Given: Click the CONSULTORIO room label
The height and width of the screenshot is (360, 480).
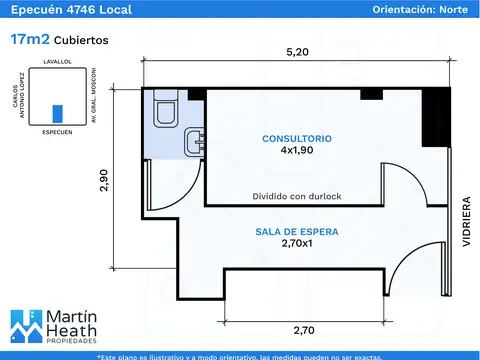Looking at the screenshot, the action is [x=297, y=139].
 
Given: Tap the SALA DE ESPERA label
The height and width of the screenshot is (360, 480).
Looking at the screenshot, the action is [x=297, y=232].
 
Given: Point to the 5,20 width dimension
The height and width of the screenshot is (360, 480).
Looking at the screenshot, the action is [x=297, y=52].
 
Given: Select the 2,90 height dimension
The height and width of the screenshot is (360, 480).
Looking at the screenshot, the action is [x=104, y=180].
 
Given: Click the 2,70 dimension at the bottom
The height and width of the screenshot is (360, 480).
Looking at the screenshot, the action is [x=304, y=330].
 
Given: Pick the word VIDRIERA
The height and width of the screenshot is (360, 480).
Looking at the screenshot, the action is [x=466, y=221].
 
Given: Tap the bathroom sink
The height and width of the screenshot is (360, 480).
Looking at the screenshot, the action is [x=194, y=141].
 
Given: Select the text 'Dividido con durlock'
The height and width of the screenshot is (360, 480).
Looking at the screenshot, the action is [x=297, y=196].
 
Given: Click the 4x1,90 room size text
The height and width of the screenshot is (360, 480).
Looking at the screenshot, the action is [x=297, y=150].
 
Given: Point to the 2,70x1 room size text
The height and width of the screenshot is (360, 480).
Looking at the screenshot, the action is [x=297, y=243].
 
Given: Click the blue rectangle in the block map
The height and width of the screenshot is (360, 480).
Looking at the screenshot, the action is [x=58, y=114].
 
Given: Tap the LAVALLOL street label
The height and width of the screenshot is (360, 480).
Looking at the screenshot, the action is [x=57, y=62].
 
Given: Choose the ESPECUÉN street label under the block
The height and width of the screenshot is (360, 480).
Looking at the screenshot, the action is [x=57, y=132].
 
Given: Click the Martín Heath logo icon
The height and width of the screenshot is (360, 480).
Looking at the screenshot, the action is [x=26, y=326].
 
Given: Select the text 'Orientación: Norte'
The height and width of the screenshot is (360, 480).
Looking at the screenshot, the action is [x=420, y=9].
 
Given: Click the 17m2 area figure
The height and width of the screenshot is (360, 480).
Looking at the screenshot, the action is [x=30, y=39].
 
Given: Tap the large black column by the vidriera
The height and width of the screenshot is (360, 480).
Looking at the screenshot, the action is [x=436, y=117].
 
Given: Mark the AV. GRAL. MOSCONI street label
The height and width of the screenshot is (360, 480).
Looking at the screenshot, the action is [x=94, y=95].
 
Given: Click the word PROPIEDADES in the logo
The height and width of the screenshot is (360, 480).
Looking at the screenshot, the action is [x=71, y=341].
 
